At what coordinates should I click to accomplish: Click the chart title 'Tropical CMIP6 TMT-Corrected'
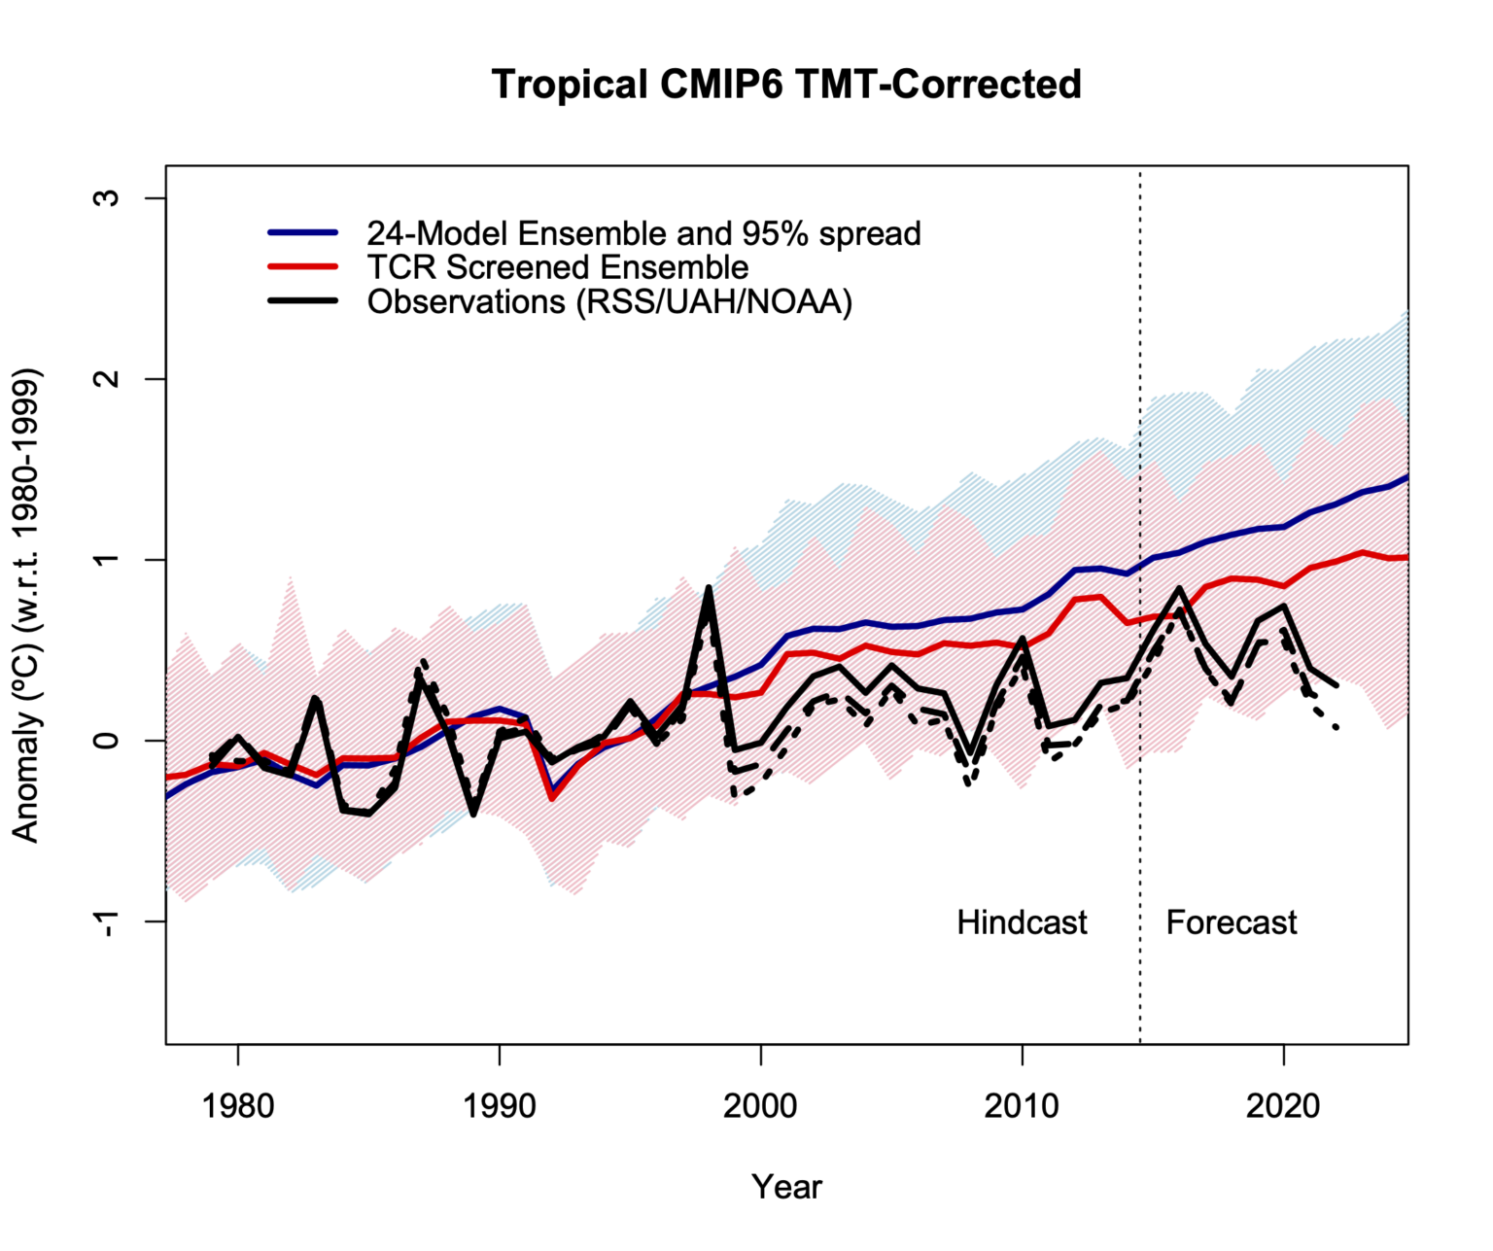[x=786, y=85]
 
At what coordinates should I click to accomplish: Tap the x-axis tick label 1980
[x=237, y=1105]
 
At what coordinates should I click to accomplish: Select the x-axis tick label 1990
[x=499, y=1105]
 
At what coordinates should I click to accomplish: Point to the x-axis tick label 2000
[x=760, y=1105]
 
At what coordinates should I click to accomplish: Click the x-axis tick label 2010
[x=1022, y=1105]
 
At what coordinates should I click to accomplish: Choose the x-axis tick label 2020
[x=1283, y=1105]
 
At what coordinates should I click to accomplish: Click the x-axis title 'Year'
[x=786, y=1187]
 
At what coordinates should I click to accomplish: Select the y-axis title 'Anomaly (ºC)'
[x=26, y=605]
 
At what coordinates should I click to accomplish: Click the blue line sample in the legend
[x=303, y=233]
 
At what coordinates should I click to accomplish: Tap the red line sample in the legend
[x=303, y=267]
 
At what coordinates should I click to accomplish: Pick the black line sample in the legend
[x=303, y=301]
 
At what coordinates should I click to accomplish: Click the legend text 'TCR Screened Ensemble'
[x=558, y=267]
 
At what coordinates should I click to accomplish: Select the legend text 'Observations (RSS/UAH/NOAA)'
[x=609, y=302]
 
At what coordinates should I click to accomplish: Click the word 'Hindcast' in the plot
[x=1022, y=922]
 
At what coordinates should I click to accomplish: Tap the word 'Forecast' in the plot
[x=1231, y=922]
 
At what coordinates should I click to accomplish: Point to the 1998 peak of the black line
[x=709, y=588]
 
